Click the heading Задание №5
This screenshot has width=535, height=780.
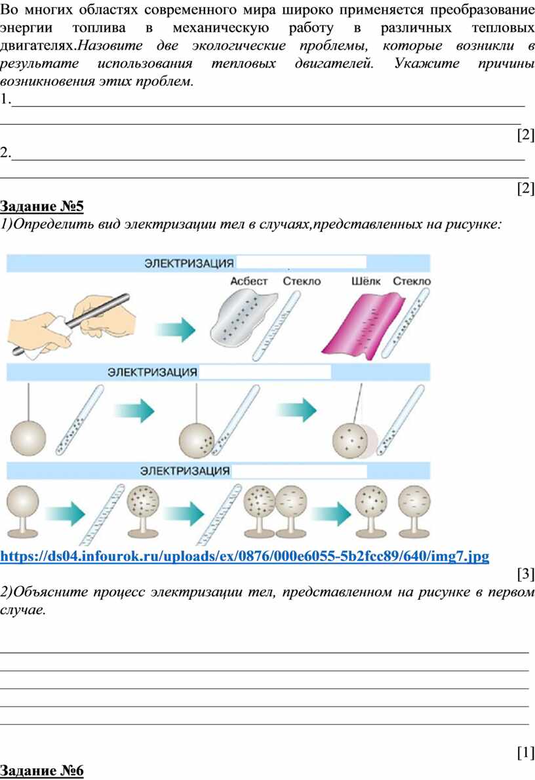[43, 207]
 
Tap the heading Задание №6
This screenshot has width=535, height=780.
[43, 771]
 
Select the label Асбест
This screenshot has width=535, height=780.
[249, 281]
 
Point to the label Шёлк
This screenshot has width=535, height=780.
[366, 281]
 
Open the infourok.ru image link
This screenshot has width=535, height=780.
[245, 556]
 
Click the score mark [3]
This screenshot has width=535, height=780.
[526, 575]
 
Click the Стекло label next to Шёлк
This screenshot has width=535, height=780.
[412, 281]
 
